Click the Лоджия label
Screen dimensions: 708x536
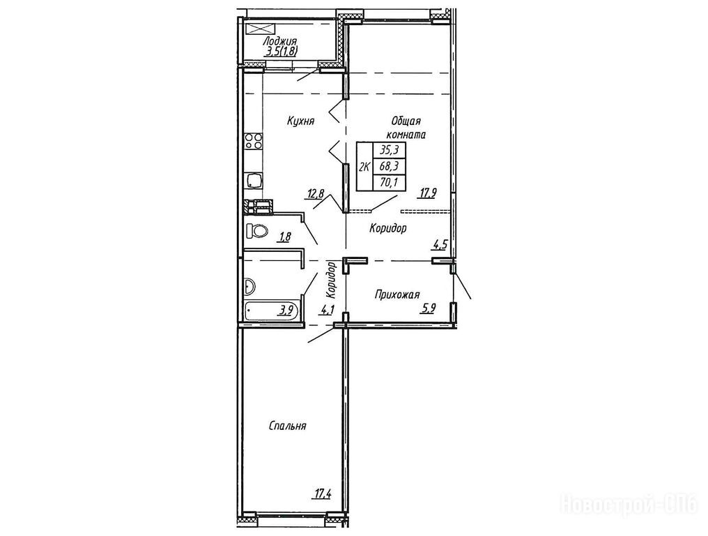pyautogui.click(x=279, y=42)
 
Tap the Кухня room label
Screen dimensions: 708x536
pyautogui.click(x=300, y=121)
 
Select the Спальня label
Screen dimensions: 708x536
pyautogui.click(x=287, y=426)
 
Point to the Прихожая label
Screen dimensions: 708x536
pyautogui.click(x=397, y=295)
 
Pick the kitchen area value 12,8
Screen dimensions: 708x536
pyautogui.click(x=316, y=194)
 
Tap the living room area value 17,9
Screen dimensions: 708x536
pyautogui.click(x=427, y=194)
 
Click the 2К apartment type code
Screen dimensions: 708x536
pyautogui.click(x=364, y=167)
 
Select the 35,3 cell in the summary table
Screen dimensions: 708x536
pyautogui.click(x=388, y=150)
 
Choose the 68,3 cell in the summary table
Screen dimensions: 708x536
pyautogui.click(x=388, y=167)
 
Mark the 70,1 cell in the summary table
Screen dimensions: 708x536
pyautogui.click(x=388, y=183)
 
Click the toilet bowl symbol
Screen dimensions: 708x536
pyautogui.click(x=256, y=231)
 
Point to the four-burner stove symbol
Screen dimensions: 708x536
pyautogui.click(x=253, y=141)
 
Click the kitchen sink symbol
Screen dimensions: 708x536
pyautogui.click(x=253, y=181)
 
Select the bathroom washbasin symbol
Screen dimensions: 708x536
pyautogui.click(x=249, y=287)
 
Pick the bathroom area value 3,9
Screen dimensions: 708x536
pyautogui.click(x=286, y=311)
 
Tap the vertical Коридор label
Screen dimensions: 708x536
pyautogui.click(x=332, y=280)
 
